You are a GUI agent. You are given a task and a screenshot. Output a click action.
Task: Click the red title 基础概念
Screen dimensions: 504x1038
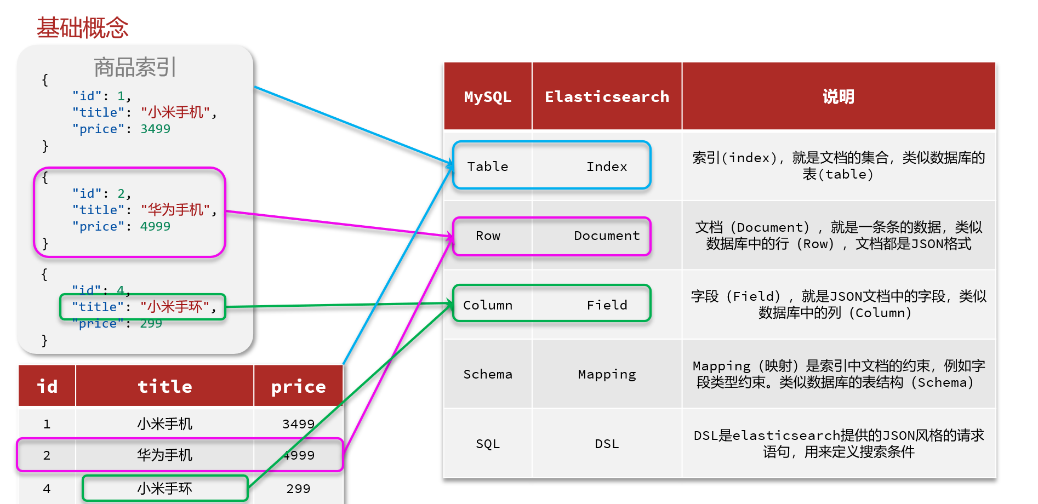82,27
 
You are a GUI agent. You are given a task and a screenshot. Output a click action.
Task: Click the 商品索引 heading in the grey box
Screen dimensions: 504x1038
135,67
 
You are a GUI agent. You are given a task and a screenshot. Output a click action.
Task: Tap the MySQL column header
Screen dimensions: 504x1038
487,97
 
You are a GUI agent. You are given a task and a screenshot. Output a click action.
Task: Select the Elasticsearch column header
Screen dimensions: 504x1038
607,97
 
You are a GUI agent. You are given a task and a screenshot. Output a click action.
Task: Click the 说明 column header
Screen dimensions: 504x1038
838,97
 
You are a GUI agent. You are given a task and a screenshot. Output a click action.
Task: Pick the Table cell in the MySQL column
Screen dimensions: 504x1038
487,167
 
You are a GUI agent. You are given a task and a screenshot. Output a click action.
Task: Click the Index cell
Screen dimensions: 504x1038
607,167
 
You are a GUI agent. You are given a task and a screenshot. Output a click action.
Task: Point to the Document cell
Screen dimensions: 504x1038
607,236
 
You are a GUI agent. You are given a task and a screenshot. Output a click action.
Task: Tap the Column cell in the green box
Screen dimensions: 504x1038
487,305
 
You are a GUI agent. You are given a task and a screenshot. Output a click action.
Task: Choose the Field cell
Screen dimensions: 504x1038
607,305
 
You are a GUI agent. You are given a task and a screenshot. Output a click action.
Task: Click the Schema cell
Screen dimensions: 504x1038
487,374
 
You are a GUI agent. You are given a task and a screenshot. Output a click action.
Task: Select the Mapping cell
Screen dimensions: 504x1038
607,374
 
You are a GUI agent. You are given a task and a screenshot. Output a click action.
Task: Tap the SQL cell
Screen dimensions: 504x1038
487,444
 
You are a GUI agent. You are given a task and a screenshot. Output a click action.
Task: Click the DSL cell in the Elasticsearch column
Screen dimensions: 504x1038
607,444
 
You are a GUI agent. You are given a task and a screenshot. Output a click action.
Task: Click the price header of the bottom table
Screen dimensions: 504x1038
298,387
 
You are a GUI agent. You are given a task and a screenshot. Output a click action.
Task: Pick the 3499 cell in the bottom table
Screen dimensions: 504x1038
298,424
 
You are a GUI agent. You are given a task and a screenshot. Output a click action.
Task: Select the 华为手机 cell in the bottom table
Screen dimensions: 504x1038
164,455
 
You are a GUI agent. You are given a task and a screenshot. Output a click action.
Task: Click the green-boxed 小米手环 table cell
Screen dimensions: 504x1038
164,489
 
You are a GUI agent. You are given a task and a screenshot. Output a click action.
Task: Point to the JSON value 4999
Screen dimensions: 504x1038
155,226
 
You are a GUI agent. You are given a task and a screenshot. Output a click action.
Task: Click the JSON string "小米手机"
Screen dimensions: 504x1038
175,112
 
